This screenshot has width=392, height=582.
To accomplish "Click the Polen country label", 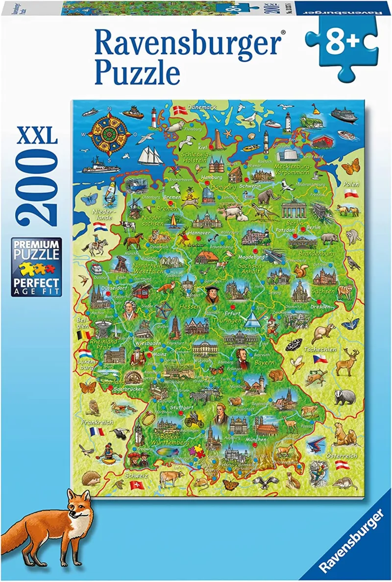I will point(351,185).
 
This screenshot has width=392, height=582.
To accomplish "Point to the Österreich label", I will point(342,455).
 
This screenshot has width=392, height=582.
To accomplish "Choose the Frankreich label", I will point(97,422).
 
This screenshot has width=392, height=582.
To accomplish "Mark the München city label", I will point(256,439).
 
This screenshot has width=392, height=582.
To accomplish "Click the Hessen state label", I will point(190,306).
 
